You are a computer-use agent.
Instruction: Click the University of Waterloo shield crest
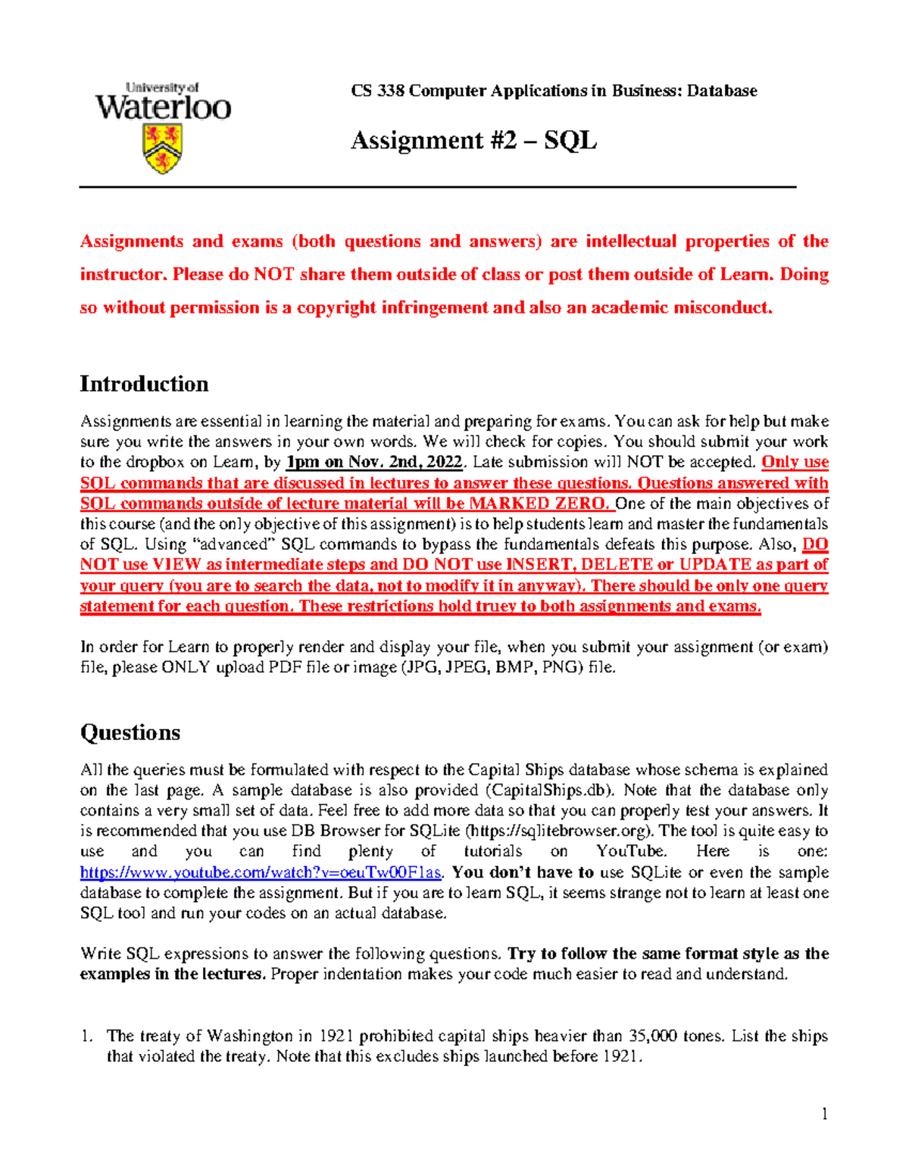[x=162, y=148]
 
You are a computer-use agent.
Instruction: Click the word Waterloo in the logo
[x=163, y=108]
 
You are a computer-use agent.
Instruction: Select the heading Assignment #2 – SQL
[x=473, y=140]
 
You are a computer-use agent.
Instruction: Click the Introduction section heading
[x=144, y=384]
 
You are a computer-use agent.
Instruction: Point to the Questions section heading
[x=130, y=732]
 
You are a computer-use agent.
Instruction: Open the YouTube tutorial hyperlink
[x=261, y=872]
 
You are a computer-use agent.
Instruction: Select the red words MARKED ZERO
[x=538, y=504]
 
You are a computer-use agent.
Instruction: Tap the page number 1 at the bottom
[x=824, y=1113]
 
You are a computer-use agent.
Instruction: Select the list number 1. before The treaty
[x=87, y=1036]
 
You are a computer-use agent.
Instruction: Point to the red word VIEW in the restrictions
[x=176, y=565]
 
